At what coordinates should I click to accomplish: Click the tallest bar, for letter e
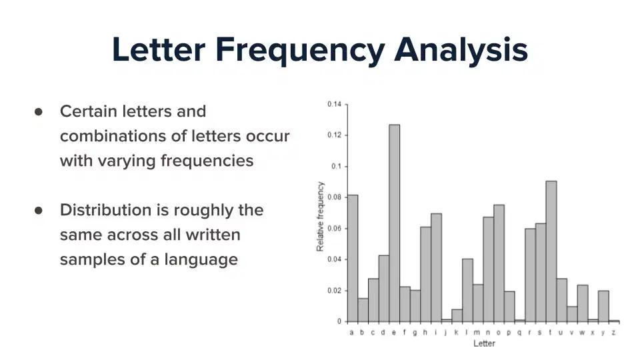click(x=394, y=223)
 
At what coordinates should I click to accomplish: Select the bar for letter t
click(x=551, y=251)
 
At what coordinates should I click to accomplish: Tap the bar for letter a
click(x=353, y=259)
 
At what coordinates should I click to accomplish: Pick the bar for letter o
click(x=499, y=263)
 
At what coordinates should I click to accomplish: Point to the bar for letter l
click(x=468, y=290)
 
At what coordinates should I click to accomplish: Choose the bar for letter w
click(x=583, y=303)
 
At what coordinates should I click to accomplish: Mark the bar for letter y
click(x=603, y=306)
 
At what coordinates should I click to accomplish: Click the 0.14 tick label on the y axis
click(x=334, y=104)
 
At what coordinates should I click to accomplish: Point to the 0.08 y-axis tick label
click(x=334, y=197)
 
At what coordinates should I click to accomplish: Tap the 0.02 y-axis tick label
click(x=334, y=291)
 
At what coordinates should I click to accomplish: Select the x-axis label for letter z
click(x=613, y=333)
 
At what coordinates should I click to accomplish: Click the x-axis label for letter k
click(x=456, y=332)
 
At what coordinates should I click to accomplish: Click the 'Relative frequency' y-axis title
click(x=320, y=216)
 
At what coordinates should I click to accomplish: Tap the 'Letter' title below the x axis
click(x=484, y=343)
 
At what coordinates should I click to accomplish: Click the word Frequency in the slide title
click(x=300, y=51)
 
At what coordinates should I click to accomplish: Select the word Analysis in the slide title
click(x=461, y=51)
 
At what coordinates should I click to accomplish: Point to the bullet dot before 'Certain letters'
click(x=39, y=112)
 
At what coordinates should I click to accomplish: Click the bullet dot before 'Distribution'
click(x=39, y=210)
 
